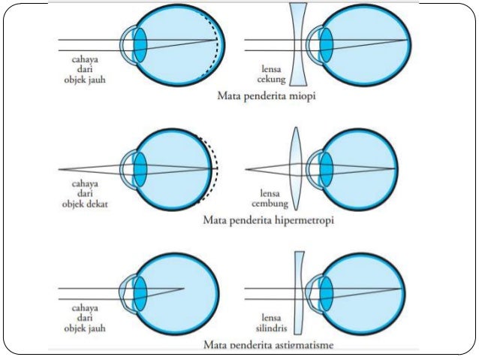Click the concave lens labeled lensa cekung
tap(297, 45)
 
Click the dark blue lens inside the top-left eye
tap(140, 45)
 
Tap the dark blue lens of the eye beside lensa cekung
tap(327, 45)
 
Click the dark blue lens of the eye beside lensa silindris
tap(327, 290)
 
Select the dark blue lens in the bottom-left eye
tap(140, 290)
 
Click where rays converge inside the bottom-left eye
tap(183, 289)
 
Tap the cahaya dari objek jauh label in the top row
tap(84, 69)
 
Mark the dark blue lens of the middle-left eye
tap(140, 168)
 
